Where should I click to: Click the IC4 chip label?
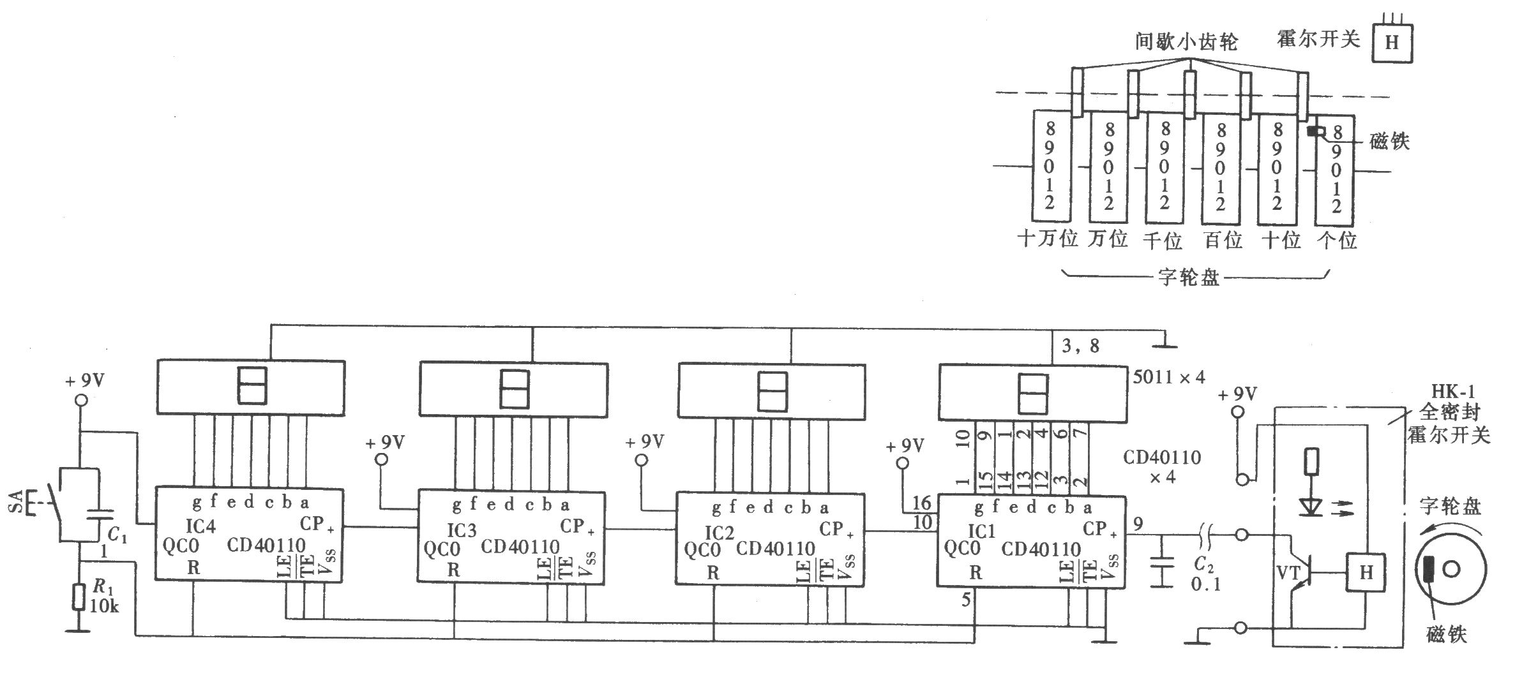click(x=200, y=526)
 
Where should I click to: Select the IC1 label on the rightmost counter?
click(x=981, y=531)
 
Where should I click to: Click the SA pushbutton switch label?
click(x=17, y=501)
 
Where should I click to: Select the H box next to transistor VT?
click(x=1366, y=572)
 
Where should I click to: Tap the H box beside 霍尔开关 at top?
click(x=1392, y=43)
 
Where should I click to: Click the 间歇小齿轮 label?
click(x=1187, y=41)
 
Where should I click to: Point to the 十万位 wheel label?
click(x=1048, y=239)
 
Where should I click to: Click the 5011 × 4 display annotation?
click(x=1169, y=377)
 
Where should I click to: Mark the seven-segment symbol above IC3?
click(x=515, y=389)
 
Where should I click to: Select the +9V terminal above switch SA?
click(x=80, y=401)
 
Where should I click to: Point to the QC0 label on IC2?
click(x=702, y=549)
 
